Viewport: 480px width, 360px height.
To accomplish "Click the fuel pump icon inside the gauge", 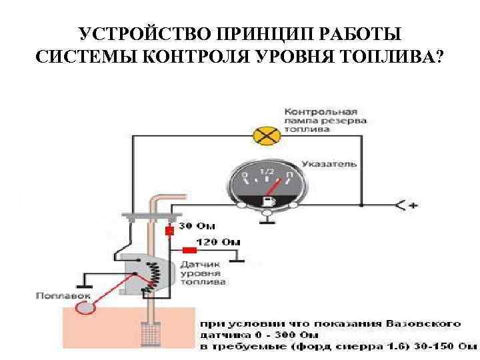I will click(x=269, y=200).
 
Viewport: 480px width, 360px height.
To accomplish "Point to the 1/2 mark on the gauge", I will click(x=267, y=173).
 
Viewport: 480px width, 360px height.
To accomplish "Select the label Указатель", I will click(x=329, y=163).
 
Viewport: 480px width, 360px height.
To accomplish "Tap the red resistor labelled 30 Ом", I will click(x=169, y=230).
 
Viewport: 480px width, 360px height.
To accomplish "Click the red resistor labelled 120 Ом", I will click(x=190, y=250).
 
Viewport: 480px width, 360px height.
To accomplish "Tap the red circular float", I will click(x=85, y=308).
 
